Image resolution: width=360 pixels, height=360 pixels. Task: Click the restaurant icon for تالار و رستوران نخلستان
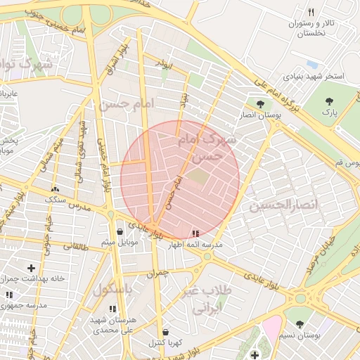pos(310,11)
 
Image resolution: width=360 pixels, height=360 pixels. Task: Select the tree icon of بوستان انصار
pos(260,103)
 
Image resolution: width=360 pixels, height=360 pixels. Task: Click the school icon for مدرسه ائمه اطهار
pos(195,233)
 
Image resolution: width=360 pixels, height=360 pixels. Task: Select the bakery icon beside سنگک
pos(55,188)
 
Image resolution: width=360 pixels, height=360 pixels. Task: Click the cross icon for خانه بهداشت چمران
pos(31,267)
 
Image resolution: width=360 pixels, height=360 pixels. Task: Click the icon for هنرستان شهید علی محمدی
pos(113,309)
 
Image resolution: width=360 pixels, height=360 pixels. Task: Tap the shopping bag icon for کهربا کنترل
pos(165,332)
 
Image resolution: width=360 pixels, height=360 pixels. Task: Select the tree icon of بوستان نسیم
pos(300,324)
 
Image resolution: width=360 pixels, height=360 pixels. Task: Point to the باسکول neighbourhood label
pos(112,288)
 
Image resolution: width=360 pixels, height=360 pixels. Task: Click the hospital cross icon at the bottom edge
pos(254,354)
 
